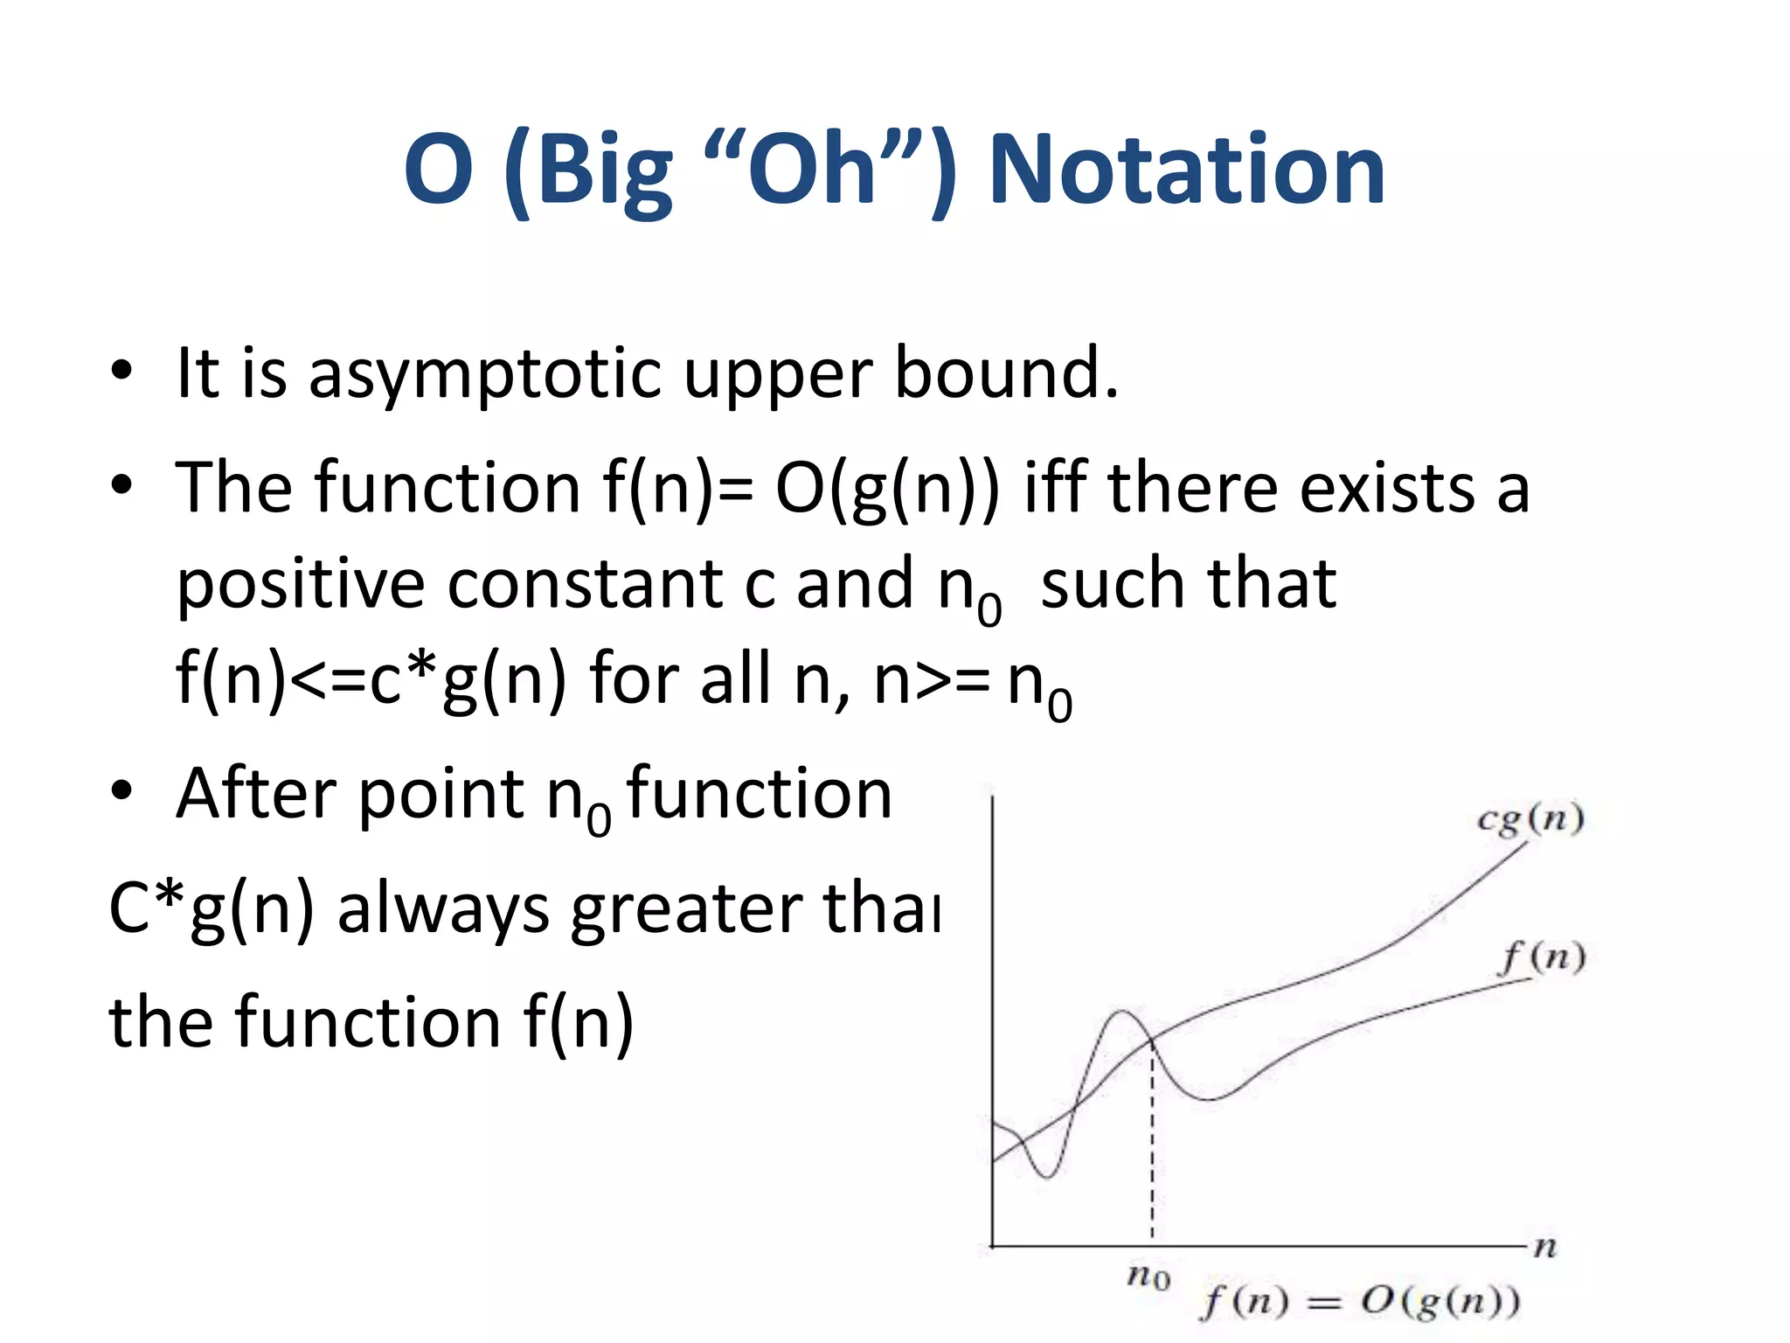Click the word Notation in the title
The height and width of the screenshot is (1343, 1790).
pyautogui.click(x=1186, y=170)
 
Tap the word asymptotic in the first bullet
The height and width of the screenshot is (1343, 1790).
pyautogui.click(x=485, y=373)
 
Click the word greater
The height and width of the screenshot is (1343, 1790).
pyautogui.click(x=687, y=909)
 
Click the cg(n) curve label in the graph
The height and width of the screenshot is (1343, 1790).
pyautogui.click(x=1530, y=819)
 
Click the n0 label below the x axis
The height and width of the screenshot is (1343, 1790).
pyautogui.click(x=1148, y=1277)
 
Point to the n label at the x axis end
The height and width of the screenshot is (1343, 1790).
pyautogui.click(x=1545, y=1247)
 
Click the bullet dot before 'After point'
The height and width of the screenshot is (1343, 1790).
pyautogui.click(x=121, y=791)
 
